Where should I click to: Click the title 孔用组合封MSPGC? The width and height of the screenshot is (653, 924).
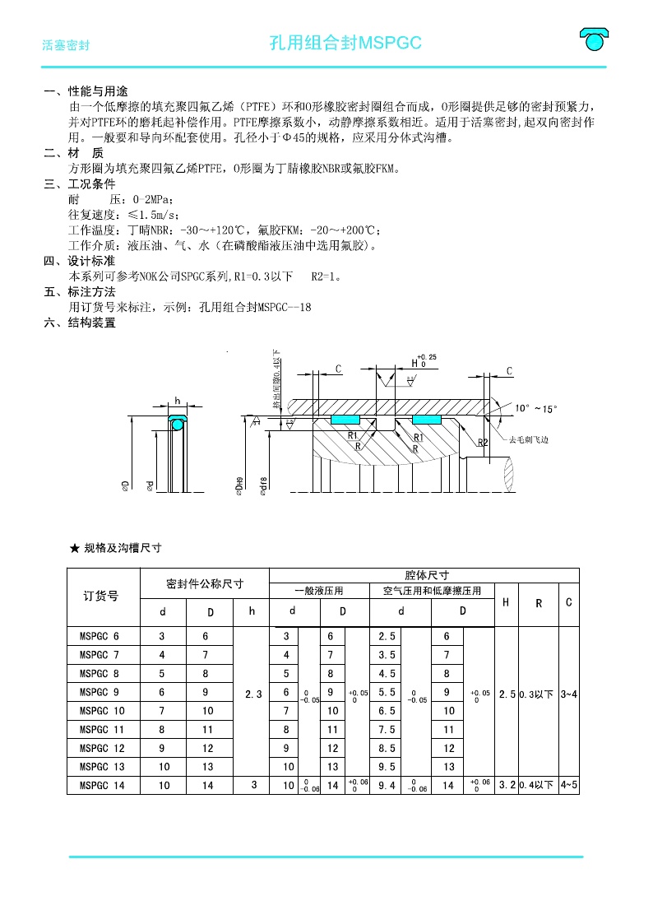click(345, 44)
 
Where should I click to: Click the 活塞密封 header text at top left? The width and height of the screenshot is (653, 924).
click(66, 46)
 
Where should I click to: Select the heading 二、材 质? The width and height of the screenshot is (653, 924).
click(74, 153)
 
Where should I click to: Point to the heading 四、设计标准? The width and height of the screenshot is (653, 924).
click(80, 261)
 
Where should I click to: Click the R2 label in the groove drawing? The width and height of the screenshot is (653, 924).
click(484, 442)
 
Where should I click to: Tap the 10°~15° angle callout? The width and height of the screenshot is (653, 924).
click(536, 408)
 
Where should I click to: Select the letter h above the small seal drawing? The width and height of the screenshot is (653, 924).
click(177, 402)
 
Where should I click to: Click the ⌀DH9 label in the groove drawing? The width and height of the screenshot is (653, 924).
click(239, 486)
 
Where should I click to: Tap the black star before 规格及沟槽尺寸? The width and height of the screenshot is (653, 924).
click(74, 547)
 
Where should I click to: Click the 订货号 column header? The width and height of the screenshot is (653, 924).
click(101, 597)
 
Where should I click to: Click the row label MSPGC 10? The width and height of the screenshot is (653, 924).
click(102, 710)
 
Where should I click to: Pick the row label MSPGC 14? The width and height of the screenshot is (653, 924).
click(102, 785)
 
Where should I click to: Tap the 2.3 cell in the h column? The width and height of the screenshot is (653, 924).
click(252, 694)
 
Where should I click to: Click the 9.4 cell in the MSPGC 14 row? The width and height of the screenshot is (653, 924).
click(387, 785)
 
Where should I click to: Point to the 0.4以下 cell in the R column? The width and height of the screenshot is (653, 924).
click(538, 785)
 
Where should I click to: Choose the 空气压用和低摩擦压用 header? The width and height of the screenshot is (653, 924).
click(433, 591)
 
